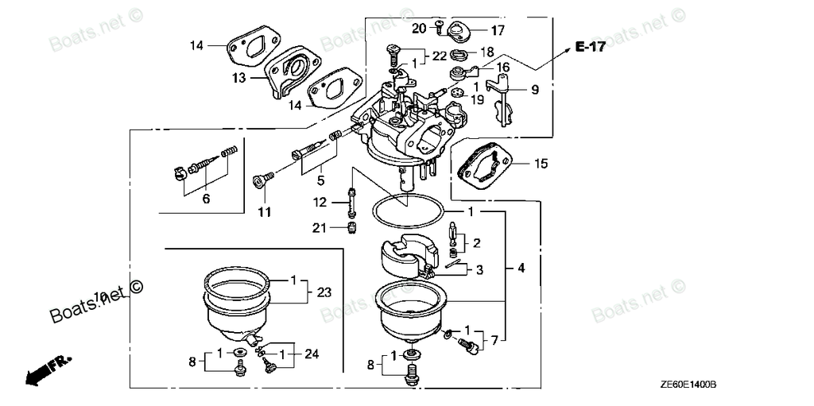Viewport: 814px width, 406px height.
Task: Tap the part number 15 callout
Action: pos(541,164)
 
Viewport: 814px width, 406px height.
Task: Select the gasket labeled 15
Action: pos(484,167)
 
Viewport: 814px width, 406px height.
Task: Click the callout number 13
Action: pos(239,78)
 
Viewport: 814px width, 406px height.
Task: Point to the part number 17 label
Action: pos(497,31)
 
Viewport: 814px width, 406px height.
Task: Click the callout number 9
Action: pos(535,91)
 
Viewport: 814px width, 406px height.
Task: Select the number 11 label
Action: pos(264,212)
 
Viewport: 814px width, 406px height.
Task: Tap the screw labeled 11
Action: pos(262,180)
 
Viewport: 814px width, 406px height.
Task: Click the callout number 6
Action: pos(206,199)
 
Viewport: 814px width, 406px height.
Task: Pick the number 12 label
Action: pos(320,203)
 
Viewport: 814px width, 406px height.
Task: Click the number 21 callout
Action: pos(320,229)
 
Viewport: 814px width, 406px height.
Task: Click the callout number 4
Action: pos(521,269)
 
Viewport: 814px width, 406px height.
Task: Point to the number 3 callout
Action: pos(479,270)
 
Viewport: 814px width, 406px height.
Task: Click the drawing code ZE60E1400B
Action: pos(688,384)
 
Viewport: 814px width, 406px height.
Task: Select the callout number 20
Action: pos(419,29)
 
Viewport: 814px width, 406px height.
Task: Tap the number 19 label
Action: pos(476,100)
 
